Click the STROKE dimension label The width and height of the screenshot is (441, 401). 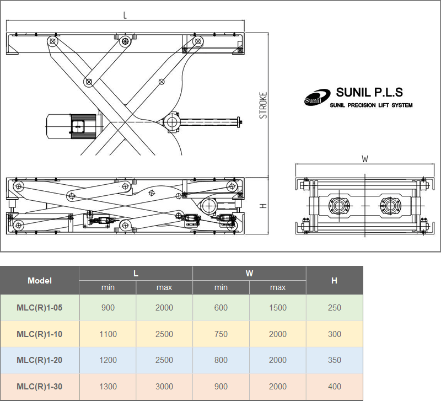pyautogui.click(x=263, y=105)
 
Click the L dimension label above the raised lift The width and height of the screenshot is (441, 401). pyautogui.click(x=125, y=15)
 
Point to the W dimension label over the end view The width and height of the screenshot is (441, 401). pyautogui.click(x=365, y=159)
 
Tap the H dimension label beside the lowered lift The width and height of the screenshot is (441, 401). pyautogui.click(x=263, y=206)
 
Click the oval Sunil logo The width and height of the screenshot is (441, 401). pyautogui.click(x=317, y=98)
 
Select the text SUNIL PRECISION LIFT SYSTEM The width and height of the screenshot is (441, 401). pyautogui.click(x=371, y=105)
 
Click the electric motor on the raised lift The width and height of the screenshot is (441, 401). pyautogui.click(x=73, y=127)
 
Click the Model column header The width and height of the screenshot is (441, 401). pyautogui.click(x=40, y=281)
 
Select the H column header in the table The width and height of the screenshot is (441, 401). pyautogui.click(x=334, y=281)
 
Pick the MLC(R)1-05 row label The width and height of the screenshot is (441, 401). pyautogui.click(x=39, y=308)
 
